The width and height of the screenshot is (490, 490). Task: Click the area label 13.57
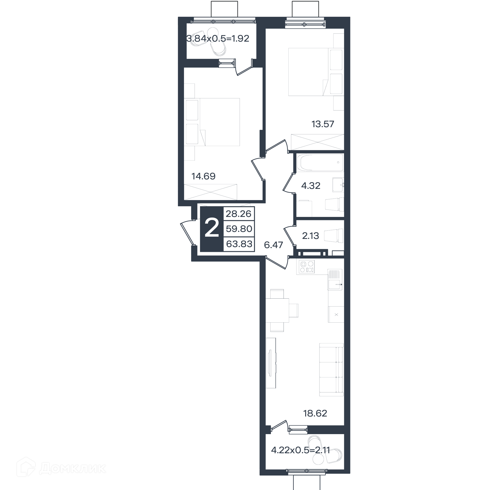[x=323, y=124]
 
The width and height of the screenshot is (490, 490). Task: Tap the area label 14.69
[x=203, y=176]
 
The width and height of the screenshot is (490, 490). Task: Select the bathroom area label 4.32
[x=311, y=186]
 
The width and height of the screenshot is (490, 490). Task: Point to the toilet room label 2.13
[x=310, y=236]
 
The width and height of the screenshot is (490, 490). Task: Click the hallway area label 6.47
[x=273, y=245]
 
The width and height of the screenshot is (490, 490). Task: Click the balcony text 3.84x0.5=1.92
[x=218, y=39]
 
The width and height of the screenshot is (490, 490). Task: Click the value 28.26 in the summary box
[x=239, y=214]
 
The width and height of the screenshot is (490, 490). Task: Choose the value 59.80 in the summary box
[x=239, y=229]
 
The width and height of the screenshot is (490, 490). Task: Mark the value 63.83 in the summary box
[x=239, y=244]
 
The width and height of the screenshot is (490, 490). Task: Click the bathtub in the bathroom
[x=320, y=163]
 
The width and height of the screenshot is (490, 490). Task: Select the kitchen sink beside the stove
[x=335, y=280]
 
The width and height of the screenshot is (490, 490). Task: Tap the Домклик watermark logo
[x=61, y=468]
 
